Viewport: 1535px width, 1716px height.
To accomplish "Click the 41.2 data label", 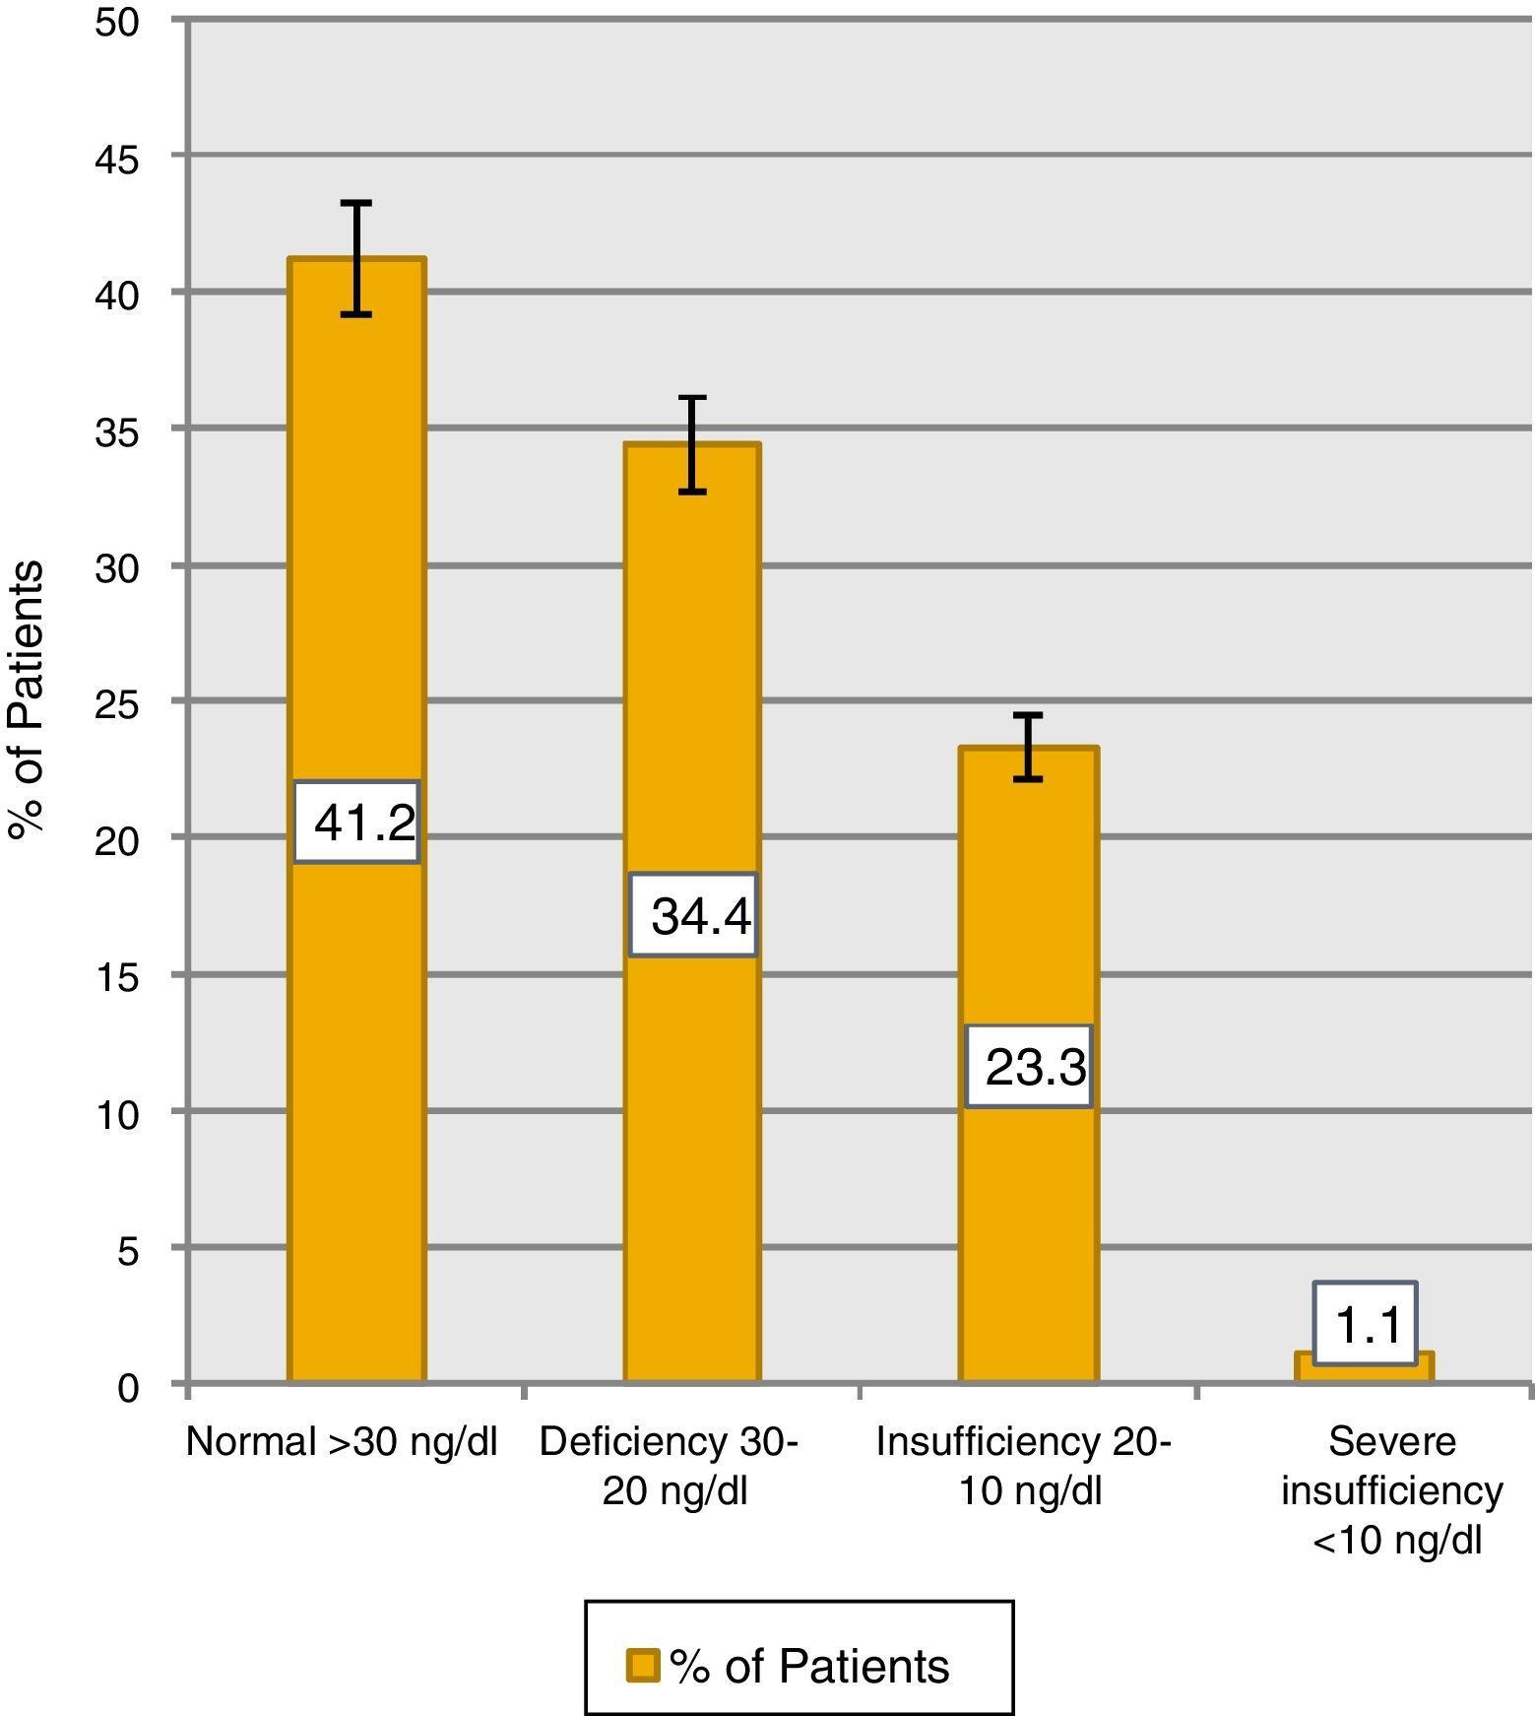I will click(357, 823).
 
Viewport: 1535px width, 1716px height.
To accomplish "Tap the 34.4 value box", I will click(694, 915).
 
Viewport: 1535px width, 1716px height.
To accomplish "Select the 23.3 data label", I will click(1030, 1067).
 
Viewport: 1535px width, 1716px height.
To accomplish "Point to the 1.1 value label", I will click(1366, 1325).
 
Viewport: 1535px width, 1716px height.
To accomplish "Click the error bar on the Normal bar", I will click(356, 258).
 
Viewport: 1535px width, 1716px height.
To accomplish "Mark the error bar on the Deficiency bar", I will click(693, 443).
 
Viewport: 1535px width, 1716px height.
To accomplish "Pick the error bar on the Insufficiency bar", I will click(1028, 747).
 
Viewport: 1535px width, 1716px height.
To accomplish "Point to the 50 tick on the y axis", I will click(118, 22).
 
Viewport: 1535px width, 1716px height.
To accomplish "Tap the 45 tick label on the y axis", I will click(118, 158).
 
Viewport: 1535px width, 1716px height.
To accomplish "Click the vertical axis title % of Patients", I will click(27, 700).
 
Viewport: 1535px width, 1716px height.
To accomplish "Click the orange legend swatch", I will click(643, 1666).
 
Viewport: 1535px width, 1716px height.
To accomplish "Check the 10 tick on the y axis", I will click(118, 1114).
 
